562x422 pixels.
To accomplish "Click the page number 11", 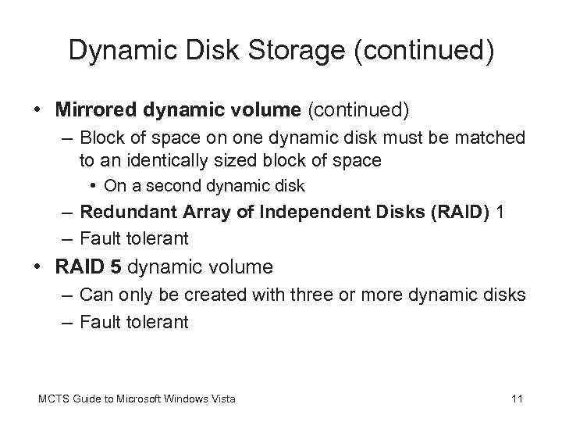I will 516,400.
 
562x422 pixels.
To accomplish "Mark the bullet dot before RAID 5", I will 39,268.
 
